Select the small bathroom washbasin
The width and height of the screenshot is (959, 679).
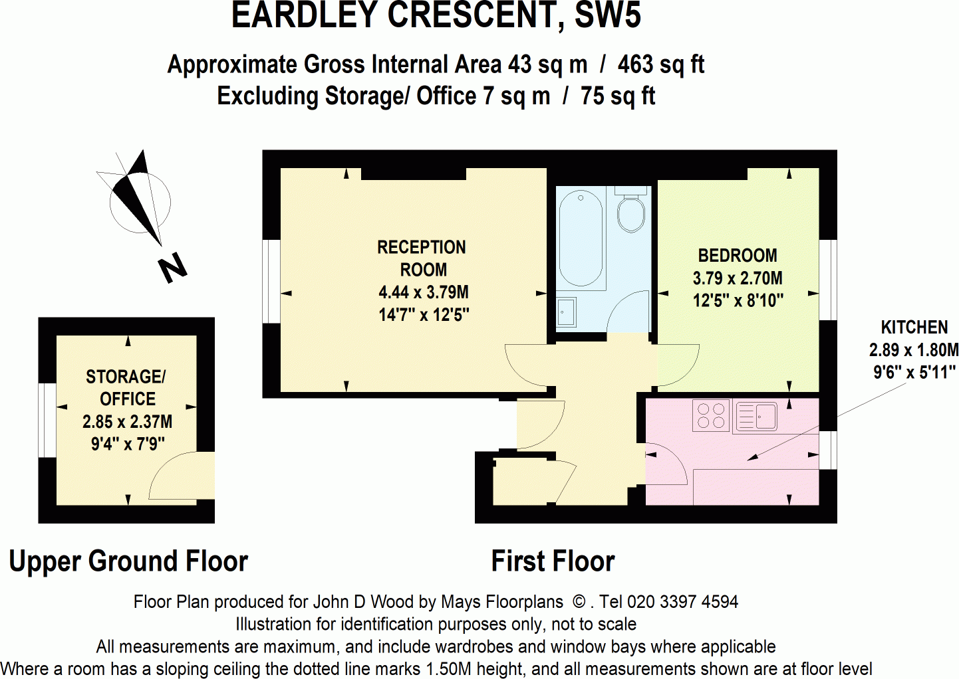coord(566,312)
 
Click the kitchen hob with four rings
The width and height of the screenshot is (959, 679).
coord(710,416)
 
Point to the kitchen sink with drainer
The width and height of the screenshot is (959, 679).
coord(757,417)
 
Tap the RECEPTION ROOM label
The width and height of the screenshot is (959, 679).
coord(422,258)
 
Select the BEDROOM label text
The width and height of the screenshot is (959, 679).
coord(737,256)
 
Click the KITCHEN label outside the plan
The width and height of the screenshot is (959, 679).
coord(914,328)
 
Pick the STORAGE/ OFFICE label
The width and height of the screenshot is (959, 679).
coord(126,387)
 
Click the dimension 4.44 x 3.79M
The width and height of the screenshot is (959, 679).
coord(423,292)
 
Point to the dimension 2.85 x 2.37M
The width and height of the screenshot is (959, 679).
coord(127,422)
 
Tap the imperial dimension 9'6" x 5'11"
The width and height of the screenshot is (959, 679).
coord(914,373)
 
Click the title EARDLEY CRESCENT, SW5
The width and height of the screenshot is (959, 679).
coord(436,16)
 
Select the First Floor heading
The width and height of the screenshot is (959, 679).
coord(553,561)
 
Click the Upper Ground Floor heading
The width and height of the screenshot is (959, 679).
coord(128,561)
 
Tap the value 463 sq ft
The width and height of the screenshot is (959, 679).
coord(660,64)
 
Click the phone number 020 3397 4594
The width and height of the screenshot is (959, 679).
coord(682,602)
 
